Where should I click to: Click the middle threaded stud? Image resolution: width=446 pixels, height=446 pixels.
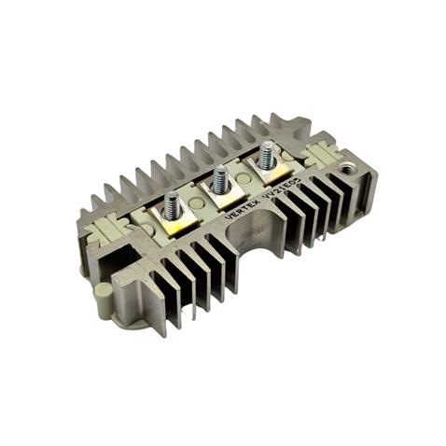pyautogui.click(x=221, y=178)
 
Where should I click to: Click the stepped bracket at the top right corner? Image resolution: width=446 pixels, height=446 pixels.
pyautogui.click(x=294, y=126)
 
